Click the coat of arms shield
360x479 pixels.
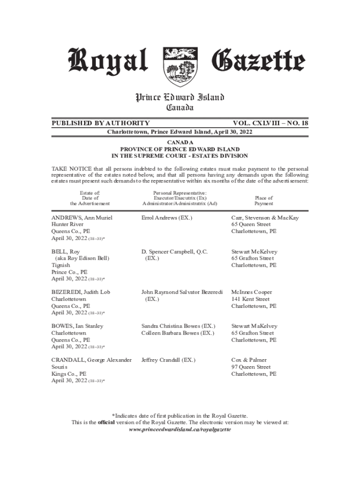(180, 67)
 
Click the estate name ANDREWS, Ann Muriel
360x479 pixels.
(82, 218)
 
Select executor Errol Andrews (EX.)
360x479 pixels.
(167, 218)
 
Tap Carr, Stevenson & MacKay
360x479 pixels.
(265, 218)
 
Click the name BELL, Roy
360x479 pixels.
(65, 252)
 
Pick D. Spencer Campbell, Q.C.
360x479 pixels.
(174, 252)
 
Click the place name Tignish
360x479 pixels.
(61, 265)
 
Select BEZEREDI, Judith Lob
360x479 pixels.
(81, 292)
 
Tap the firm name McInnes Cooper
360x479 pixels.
(252, 292)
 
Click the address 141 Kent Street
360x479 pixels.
(251, 299)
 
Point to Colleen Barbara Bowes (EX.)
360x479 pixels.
(178, 333)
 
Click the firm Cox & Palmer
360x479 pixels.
(249, 360)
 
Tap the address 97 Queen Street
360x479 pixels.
(251, 367)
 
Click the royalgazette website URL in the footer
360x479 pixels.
(180, 429)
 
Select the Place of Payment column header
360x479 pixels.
(264, 201)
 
